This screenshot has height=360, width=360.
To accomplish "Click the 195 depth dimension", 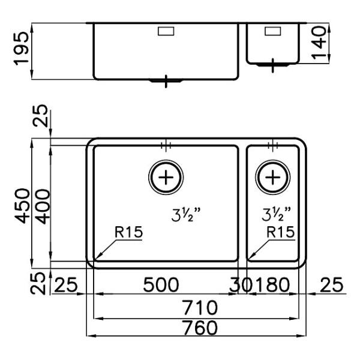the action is click(x=22, y=49).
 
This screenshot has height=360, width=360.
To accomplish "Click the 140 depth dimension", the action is click(x=319, y=43).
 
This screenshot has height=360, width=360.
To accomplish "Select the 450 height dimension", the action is click(x=22, y=206).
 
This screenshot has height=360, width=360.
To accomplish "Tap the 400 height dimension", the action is click(x=43, y=206).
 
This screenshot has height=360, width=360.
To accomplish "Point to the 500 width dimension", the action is click(x=161, y=284).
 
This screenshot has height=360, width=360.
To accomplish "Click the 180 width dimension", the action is click(x=273, y=284).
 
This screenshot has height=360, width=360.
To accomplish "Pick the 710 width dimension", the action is click(x=200, y=307).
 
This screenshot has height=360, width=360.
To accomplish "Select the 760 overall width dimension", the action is click(x=200, y=328).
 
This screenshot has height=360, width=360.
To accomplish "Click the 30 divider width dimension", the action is click(x=241, y=284).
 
